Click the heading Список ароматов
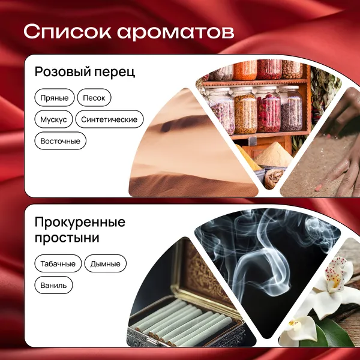[129, 32]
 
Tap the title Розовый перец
[85, 72]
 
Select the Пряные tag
[55, 98]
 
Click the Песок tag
[94, 98]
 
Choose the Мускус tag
[53, 119]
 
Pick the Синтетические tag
[109, 119]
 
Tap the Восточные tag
[61, 141]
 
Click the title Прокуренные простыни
[80, 230]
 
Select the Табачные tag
[58, 263]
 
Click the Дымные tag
[106, 263]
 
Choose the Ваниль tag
[53, 285]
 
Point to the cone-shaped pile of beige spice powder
[273, 155]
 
